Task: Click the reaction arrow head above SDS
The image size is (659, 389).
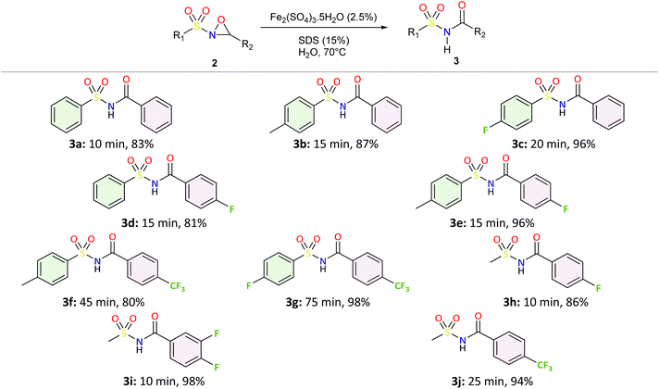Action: coord(383,28)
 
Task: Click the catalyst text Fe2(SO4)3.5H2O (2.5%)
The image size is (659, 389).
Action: coord(323,17)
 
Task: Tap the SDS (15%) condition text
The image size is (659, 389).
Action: coord(324,41)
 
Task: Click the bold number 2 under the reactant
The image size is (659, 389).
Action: coord(215,64)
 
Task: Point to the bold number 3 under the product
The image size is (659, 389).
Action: coord(456,61)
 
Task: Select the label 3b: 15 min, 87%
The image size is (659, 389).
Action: coord(336,144)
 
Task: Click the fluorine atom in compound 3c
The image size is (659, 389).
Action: coord(486,130)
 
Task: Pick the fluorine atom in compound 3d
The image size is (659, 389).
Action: coord(231,208)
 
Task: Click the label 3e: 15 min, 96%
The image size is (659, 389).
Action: coord(491,222)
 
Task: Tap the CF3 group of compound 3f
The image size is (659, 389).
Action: coord(178,287)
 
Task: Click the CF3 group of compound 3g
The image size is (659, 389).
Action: coord(402,287)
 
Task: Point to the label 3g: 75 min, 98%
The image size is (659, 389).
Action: coord(327,302)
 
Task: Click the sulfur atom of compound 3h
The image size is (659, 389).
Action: coord(505,254)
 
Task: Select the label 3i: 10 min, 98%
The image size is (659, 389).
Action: coord(162,381)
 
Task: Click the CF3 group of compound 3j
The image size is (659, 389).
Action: coord(544,366)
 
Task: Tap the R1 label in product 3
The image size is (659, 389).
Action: coord(414,32)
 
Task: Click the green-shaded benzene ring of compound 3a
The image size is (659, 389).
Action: coord(67,113)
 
